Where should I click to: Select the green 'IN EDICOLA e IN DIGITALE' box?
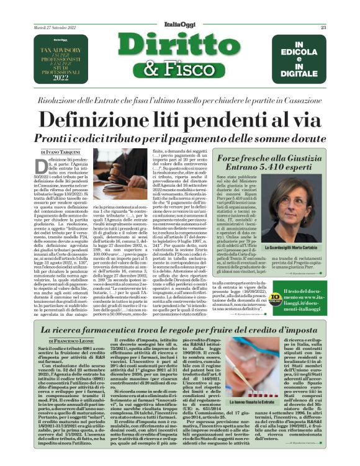(x=299, y=55)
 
